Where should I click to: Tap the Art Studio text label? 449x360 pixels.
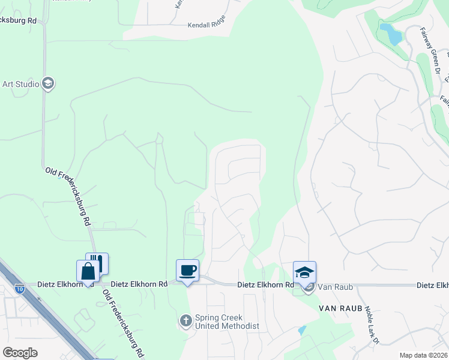20,84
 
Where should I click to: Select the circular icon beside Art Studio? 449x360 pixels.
49,84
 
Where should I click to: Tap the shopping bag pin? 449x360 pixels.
88,271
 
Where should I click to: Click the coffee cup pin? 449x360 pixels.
187,270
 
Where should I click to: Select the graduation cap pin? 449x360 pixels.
304,272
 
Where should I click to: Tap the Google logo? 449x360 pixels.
20,353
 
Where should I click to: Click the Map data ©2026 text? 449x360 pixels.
423,355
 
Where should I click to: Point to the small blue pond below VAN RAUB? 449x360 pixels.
301,330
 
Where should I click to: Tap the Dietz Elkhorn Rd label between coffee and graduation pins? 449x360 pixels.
265,284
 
